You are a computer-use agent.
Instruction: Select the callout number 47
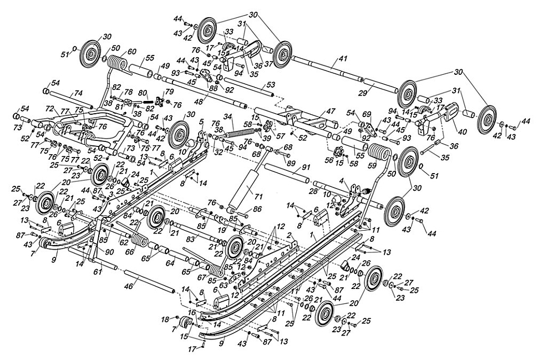tap(330, 112)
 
